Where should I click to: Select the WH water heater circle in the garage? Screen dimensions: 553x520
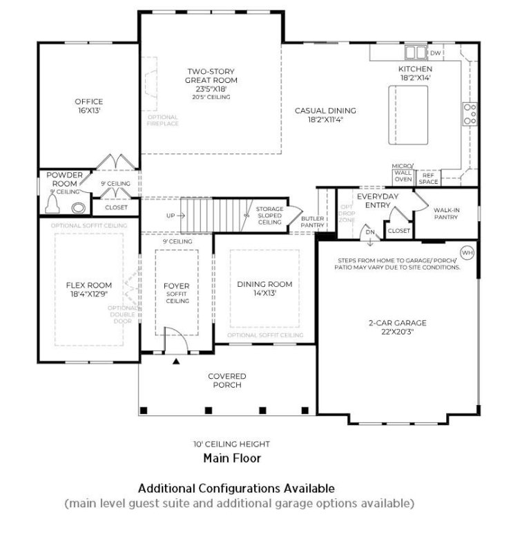point(467,252)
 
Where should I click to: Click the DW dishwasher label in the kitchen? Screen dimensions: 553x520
point(435,53)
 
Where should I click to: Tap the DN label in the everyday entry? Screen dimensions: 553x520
point(370,233)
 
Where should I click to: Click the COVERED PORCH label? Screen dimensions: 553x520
point(227,380)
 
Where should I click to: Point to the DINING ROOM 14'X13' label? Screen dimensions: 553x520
point(264,288)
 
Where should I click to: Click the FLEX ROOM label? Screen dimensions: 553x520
point(88,289)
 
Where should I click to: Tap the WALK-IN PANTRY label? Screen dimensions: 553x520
point(447,214)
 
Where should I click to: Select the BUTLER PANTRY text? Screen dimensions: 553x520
point(312,221)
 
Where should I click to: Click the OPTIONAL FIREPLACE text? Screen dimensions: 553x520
point(163,120)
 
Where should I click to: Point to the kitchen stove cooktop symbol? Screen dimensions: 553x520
point(470,113)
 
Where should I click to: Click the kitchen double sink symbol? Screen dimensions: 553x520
point(416,53)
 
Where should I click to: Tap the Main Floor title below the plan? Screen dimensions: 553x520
point(231,458)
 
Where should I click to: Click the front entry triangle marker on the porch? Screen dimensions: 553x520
point(176,361)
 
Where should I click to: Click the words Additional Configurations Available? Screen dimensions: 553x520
point(236,488)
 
